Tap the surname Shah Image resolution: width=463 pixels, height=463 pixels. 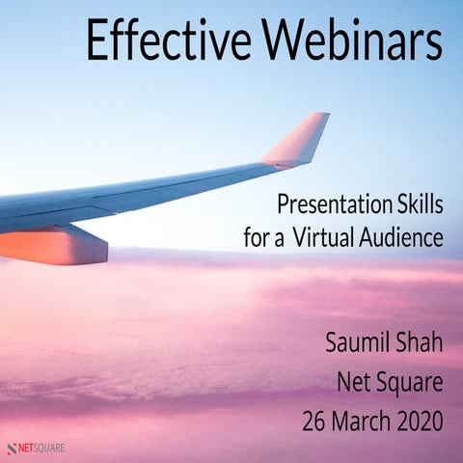(x=421, y=345)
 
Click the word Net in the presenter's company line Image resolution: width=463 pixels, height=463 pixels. (x=356, y=384)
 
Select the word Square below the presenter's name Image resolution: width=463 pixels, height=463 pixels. (x=411, y=384)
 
